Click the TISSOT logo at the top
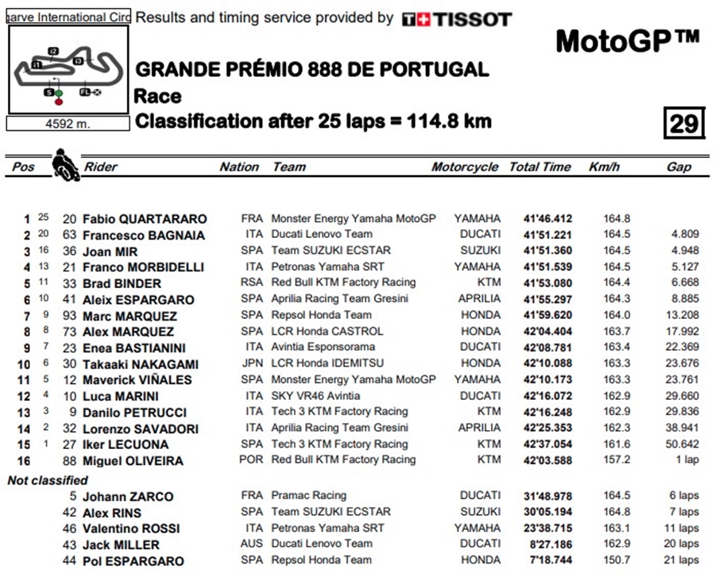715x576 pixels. [457, 19]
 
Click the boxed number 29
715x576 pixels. [683, 123]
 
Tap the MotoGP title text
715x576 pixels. [627, 40]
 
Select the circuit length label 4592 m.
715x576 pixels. [68, 124]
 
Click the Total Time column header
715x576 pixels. [540, 167]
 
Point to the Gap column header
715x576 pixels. [679, 167]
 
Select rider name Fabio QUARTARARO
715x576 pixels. [145, 219]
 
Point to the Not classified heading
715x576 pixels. [48, 480]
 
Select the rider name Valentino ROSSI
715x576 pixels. [131, 528]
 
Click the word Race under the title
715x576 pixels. [157, 97]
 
